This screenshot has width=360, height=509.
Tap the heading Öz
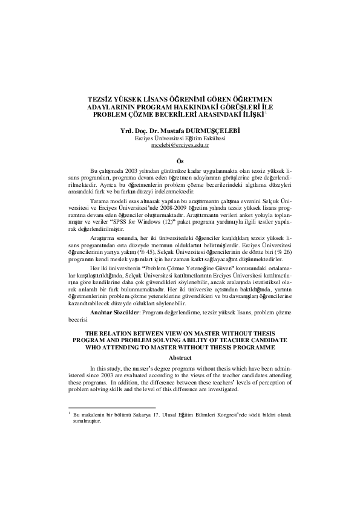pyautogui.click(x=180, y=161)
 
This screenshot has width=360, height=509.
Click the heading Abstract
pyautogui.click(x=180, y=358)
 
